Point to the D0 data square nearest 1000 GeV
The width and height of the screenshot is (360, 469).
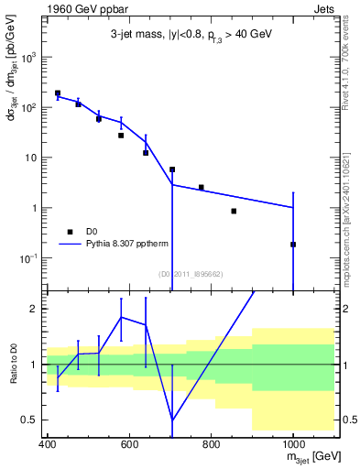coord(293,245)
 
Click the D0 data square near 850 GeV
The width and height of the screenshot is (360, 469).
coord(235,212)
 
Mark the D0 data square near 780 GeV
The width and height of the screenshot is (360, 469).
coord(202,188)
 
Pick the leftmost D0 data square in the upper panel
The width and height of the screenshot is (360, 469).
coord(58,93)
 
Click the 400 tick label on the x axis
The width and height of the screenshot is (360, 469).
coord(48,445)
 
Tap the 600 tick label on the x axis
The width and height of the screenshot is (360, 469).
coord(129,445)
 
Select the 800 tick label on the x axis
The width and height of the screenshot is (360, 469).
coord(211,445)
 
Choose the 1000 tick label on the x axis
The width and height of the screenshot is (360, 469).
coord(292,445)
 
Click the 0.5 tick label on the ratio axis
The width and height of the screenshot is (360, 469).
coord(31,420)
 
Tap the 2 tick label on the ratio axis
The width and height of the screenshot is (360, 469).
coord(36,309)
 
